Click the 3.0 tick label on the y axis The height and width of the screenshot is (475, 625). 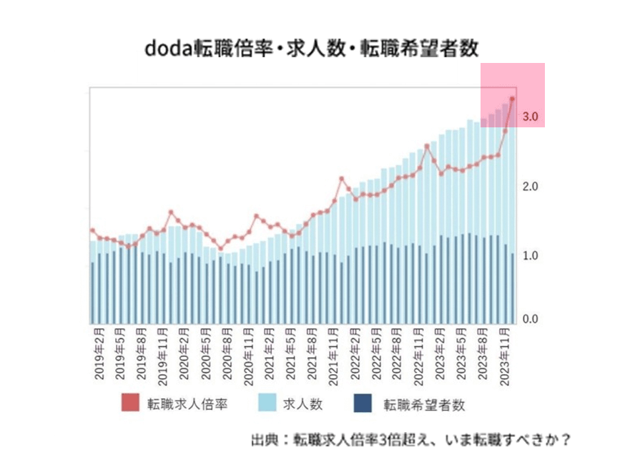(x=530, y=117)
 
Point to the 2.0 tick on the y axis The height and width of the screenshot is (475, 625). (x=530, y=187)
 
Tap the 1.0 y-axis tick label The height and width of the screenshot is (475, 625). (x=530, y=255)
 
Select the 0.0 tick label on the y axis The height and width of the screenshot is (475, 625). (x=530, y=319)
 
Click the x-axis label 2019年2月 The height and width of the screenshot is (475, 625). (x=99, y=353)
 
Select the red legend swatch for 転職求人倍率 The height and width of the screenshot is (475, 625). (x=131, y=403)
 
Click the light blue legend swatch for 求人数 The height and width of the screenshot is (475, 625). (x=267, y=403)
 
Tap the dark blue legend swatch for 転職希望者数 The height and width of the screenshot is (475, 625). (x=363, y=403)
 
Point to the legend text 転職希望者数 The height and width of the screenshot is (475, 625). (x=424, y=404)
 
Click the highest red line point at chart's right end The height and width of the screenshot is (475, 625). (x=512, y=99)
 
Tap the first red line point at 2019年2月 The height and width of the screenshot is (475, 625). (x=92, y=230)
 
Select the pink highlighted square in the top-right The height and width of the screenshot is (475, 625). (x=512, y=94)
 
